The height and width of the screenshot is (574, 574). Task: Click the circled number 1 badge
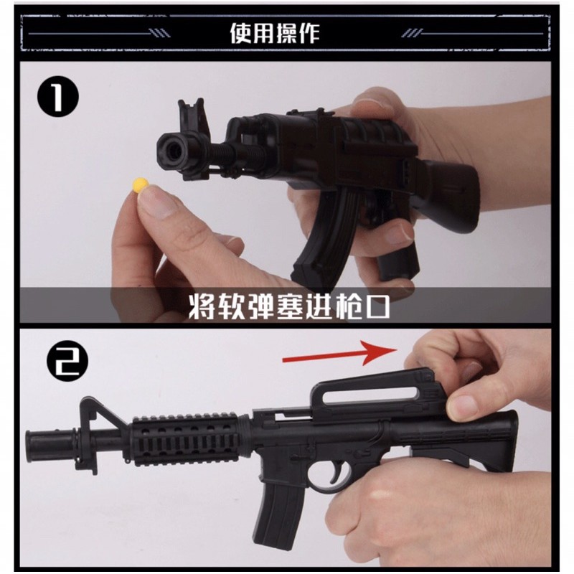tap(58, 96)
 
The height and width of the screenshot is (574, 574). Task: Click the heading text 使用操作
tap(275, 33)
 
